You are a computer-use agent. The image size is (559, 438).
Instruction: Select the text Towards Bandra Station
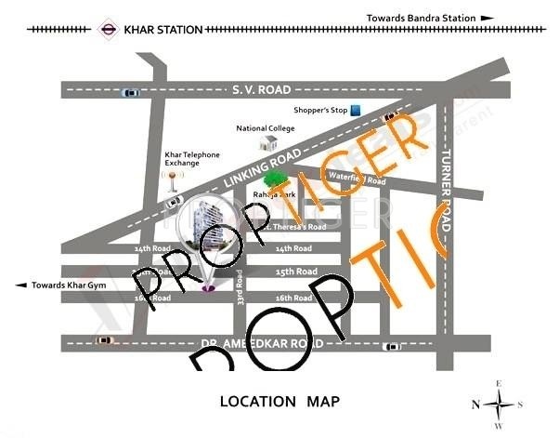pos(421,18)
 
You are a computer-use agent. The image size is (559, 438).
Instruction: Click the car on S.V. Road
pos(130,92)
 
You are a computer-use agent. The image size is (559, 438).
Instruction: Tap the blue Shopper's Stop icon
pos(356,112)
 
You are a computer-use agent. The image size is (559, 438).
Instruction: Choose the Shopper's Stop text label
pos(319,111)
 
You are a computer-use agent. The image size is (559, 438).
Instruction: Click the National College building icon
pos(269,143)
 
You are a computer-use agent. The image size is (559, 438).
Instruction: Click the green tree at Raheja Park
pos(275,179)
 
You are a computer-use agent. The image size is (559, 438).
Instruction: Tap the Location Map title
pos(279,402)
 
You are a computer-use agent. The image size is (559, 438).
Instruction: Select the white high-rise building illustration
pos(207,237)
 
